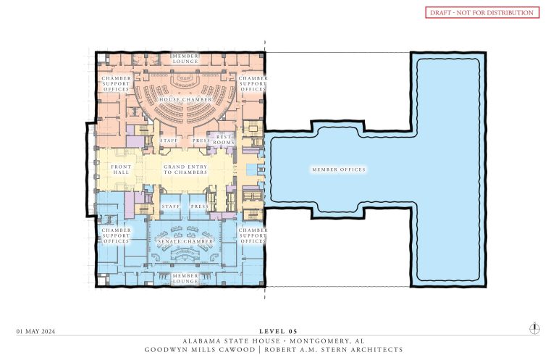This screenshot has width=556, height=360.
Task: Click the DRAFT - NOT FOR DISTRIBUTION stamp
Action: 481,12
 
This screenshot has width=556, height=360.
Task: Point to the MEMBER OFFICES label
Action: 338,169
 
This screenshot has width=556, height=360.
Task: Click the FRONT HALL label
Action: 121,169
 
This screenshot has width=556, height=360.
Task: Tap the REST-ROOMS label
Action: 222,139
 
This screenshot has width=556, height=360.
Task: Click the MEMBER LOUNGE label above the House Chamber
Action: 185,59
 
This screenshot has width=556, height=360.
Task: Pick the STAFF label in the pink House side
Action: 170,140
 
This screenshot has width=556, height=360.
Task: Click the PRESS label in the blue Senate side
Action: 199,206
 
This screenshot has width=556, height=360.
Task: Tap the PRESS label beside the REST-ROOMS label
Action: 200,140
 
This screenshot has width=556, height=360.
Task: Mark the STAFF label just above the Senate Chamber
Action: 170,206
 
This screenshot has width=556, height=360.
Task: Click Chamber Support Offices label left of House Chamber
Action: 116,83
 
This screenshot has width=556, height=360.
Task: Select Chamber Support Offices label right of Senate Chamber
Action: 253,235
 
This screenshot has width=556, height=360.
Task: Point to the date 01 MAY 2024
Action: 35,331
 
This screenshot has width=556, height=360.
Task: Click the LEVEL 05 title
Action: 277,331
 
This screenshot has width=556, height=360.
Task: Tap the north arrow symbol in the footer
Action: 534,328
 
